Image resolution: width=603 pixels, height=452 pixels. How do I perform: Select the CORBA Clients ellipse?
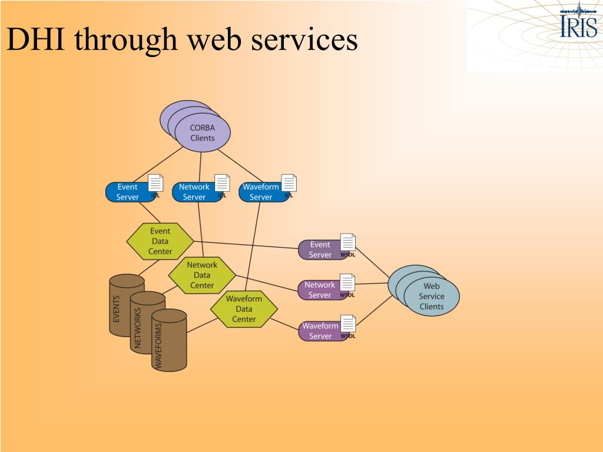click(202, 133)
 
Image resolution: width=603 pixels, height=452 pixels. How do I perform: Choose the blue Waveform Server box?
click(260, 192)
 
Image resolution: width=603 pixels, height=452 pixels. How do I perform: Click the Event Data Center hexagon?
click(160, 241)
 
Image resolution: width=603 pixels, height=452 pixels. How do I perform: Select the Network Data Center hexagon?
click(202, 275)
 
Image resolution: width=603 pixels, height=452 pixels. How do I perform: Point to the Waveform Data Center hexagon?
click(244, 309)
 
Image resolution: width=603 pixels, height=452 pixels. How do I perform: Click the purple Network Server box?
click(319, 290)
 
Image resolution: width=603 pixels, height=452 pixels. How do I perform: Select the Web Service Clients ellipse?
click(431, 296)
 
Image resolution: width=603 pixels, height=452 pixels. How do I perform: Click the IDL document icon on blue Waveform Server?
click(289, 183)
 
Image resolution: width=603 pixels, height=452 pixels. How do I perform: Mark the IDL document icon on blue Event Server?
click(155, 183)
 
